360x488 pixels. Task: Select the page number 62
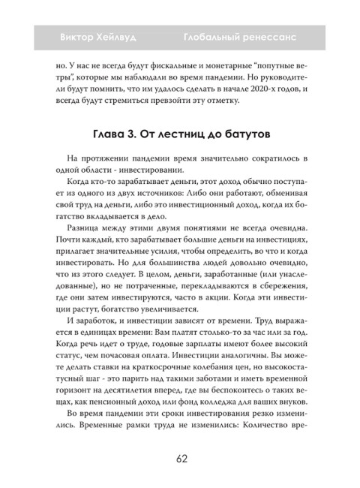[181, 459]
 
